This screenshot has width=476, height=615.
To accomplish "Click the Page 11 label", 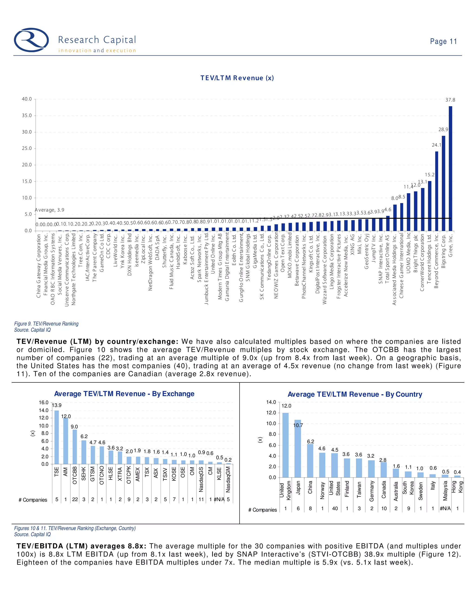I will point(443,41).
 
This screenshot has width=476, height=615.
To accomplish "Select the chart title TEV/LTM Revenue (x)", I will point(237,78).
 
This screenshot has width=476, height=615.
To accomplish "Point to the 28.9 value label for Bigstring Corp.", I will point(443,129).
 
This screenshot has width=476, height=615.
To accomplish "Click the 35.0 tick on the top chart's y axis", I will point(27,115).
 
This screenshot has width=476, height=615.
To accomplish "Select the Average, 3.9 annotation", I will point(50,210).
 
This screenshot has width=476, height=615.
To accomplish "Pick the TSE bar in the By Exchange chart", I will point(57,437).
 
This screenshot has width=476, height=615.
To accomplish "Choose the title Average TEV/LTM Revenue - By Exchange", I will point(124,394).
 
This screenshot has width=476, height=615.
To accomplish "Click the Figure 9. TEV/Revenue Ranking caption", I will point(46,324).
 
